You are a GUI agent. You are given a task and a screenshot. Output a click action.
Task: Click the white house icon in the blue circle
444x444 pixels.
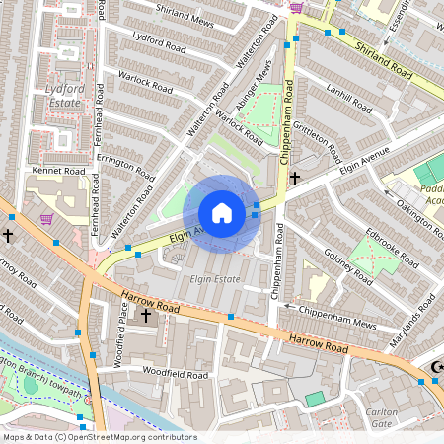[222, 213]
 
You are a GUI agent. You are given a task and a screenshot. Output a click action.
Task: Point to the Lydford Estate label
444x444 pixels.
[63, 94]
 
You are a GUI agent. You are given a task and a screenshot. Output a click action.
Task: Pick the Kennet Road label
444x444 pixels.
[60, 170]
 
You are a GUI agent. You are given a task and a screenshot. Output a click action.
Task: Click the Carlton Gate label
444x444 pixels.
[381, 416]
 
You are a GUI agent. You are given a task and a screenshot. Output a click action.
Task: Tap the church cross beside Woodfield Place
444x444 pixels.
[146, 315]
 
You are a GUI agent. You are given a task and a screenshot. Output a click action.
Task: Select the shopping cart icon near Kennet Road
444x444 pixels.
[45, 219]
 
